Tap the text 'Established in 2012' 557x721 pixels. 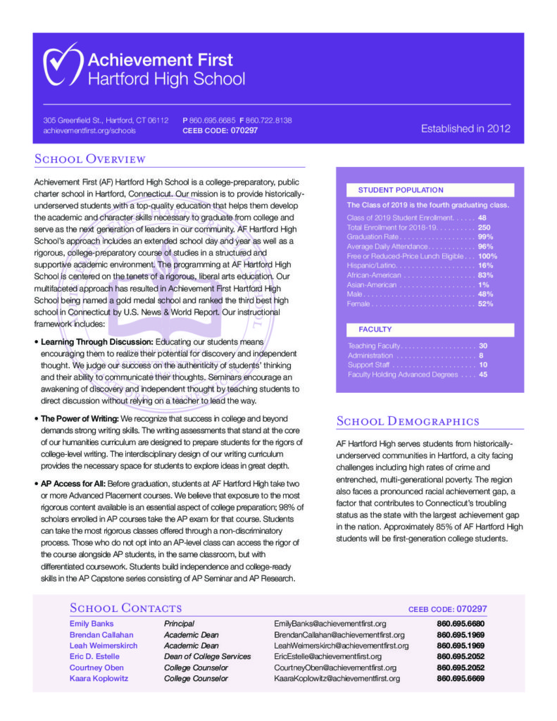tap(465, 128)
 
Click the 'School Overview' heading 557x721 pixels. tap(89, 159)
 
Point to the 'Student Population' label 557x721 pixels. tap(401, 190)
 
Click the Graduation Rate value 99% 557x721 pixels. tap(485, 237)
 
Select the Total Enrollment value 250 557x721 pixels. tap(484, 227)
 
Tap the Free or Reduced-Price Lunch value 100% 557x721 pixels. tap(487, 256)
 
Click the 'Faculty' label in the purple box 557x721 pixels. tap(375, 329)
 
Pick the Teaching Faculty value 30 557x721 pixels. tap(483, 346)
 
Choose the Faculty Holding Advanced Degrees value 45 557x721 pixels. tap(483, 375)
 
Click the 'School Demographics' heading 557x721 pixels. tap(408, 421)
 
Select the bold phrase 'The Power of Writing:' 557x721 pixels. tap(80, 418)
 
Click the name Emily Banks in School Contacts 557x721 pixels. tap(92, 623)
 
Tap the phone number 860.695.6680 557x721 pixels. tap(461, 623)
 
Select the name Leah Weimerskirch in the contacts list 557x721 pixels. tap(104, 645)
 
